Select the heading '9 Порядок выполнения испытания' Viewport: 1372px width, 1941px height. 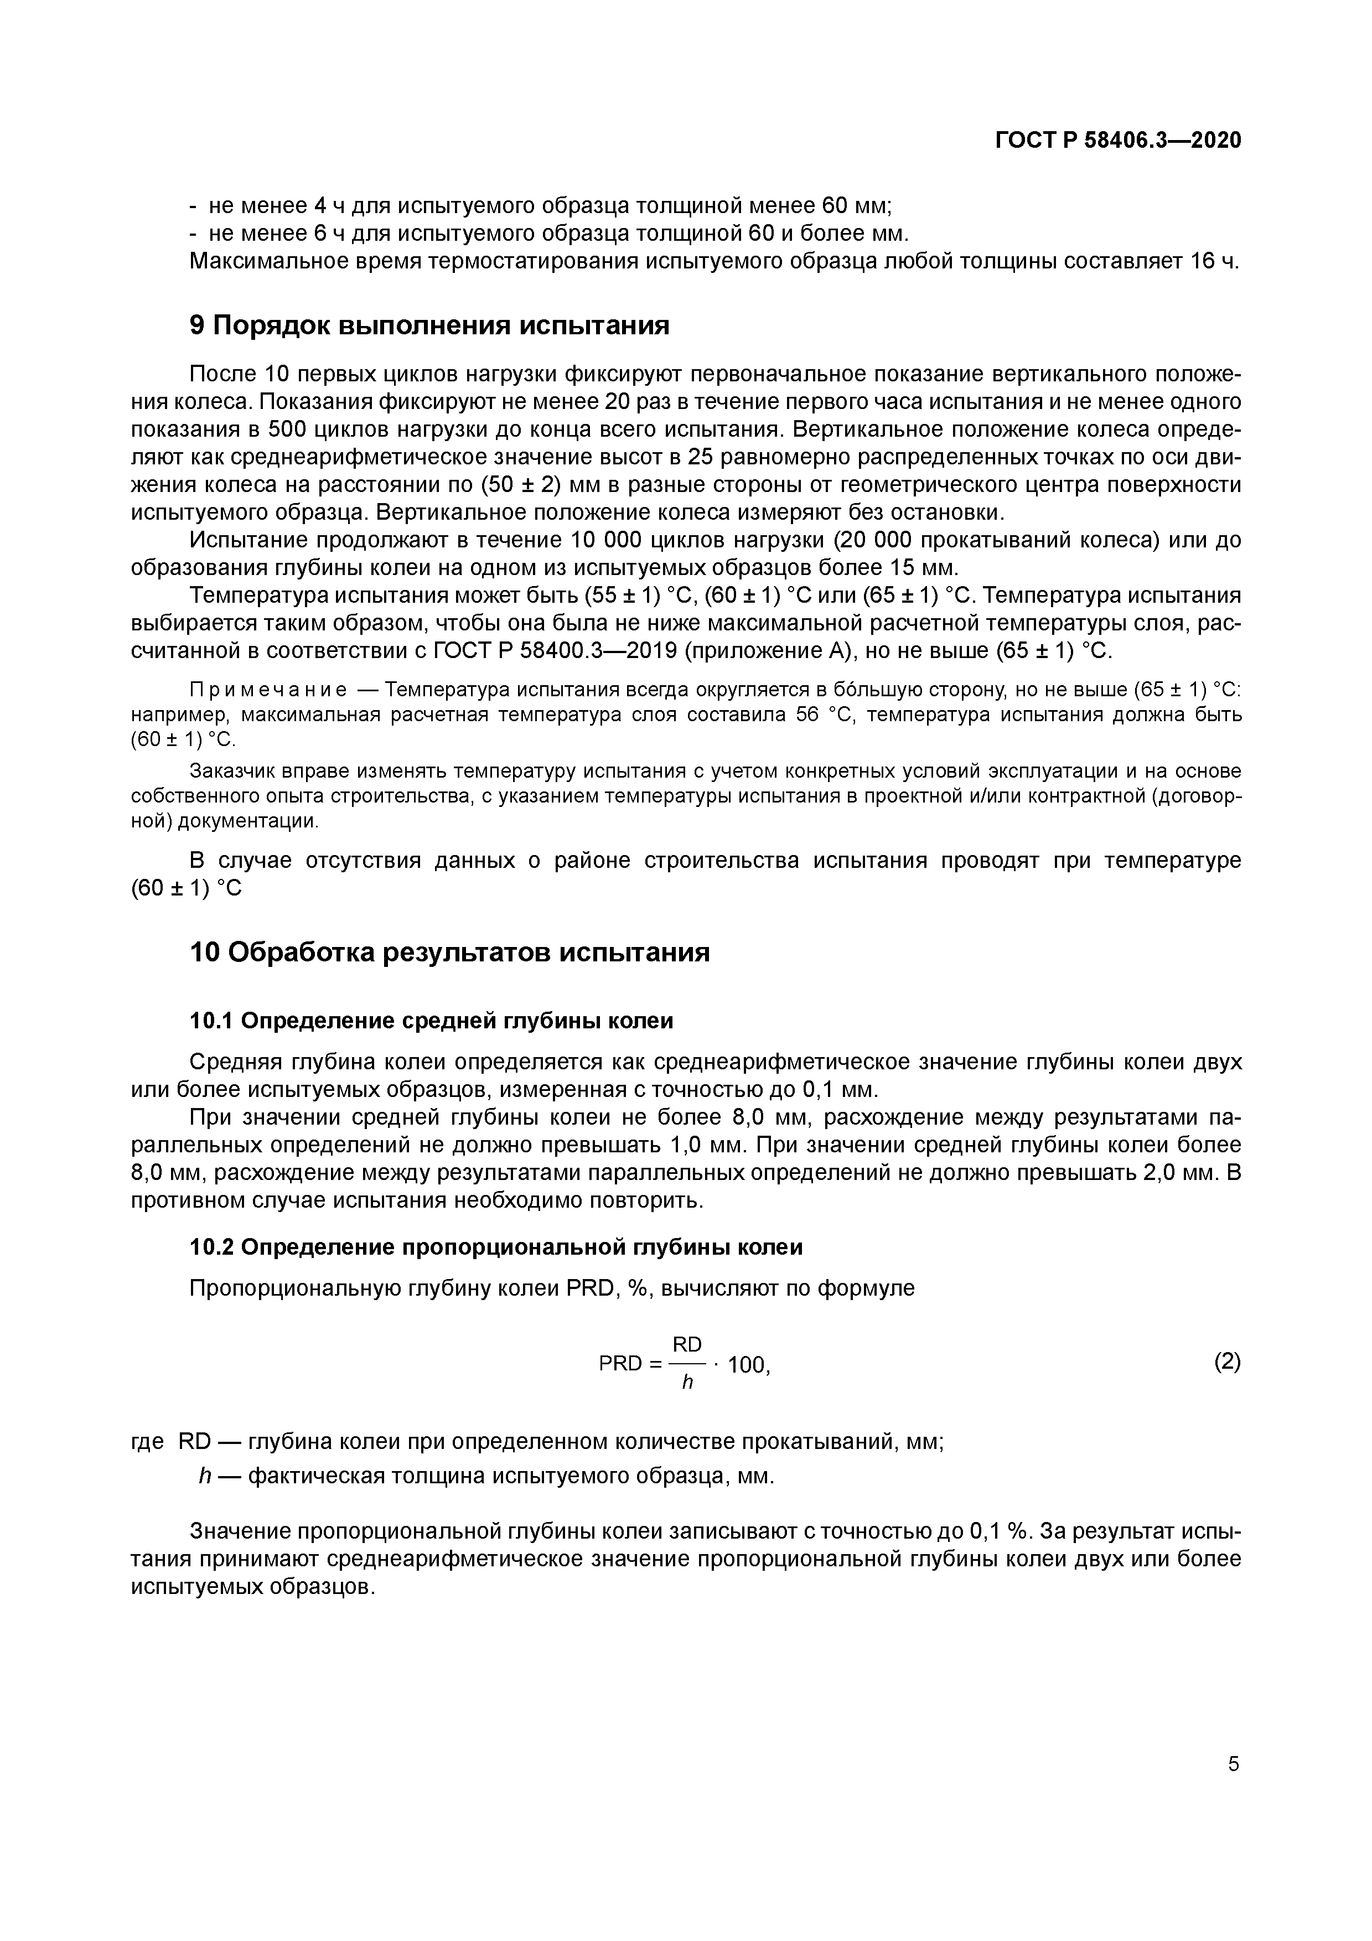coord(429,325)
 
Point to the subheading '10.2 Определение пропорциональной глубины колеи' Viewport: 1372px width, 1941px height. coord(496,1247)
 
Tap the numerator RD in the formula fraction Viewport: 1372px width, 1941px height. coord(686,1344)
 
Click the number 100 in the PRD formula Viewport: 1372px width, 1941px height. coord(747,1364)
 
